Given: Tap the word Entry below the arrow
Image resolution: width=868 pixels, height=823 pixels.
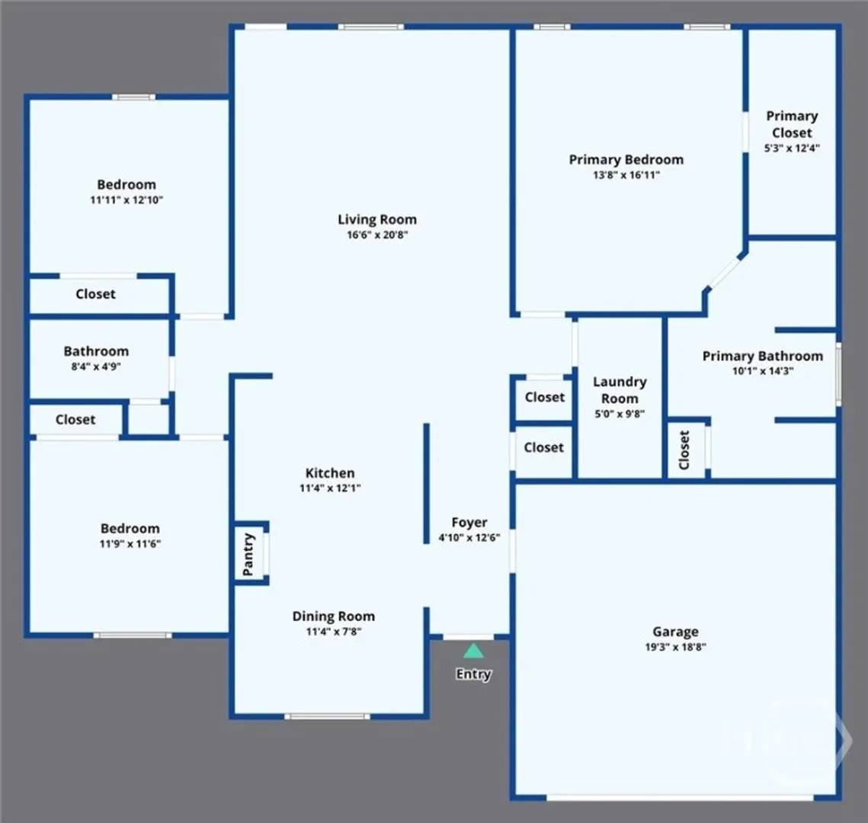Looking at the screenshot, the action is pyautogui.click(x=473, y=674).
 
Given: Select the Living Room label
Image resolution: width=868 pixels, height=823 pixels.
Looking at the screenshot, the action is pyautogui.click(x=377, y=219).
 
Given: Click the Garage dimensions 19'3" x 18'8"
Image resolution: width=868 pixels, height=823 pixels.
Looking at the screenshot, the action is pyautogui.click(x=675, y=646).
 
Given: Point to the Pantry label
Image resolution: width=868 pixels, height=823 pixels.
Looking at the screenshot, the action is pyautogui.click(x=248, y=554).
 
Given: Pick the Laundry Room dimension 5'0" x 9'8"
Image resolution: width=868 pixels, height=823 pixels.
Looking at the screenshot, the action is pyautogui.click(x=620, y=414).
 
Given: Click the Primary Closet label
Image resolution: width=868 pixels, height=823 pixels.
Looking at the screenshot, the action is pyautogui.click(x=792, y=124).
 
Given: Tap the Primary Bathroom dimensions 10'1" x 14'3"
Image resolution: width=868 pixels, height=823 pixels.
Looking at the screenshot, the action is pyautogui.click(x=763, y=371).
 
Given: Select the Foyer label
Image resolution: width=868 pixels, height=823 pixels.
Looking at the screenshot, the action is pyautogui.click(x=469, y=523).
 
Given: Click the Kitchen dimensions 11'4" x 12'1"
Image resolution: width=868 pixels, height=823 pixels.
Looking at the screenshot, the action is pyautogui.click(x=330, y=488).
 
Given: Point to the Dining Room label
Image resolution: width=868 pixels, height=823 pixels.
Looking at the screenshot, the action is pyautogui.click(x=333, y=616).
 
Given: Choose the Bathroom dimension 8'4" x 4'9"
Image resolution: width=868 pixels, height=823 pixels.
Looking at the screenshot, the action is pyautogui.click(x=96, y=366).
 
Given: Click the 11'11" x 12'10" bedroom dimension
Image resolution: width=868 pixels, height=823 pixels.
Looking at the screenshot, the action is pyautogui.click(x=127, y=200).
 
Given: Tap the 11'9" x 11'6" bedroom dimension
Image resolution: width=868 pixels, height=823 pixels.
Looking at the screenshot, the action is pyautogui.click(x=130, y=543).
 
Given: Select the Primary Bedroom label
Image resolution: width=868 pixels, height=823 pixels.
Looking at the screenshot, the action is pyautogui.click(x=626, y=159).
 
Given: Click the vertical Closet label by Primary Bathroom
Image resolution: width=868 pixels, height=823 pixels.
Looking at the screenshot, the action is pyautogui.click(x=684, y=450).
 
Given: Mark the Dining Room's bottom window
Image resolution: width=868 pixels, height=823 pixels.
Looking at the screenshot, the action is pyautogui.click(x=327, y=716).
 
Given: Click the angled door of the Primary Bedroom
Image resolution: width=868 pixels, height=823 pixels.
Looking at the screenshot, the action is pyautogui.click(x=725, y=272).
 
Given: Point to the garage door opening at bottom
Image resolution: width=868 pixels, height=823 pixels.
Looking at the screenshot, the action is pyautogui.click(x=680, y=798).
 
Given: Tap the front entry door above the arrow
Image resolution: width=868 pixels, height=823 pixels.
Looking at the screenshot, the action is pyautogui.click(x=469, y=637).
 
